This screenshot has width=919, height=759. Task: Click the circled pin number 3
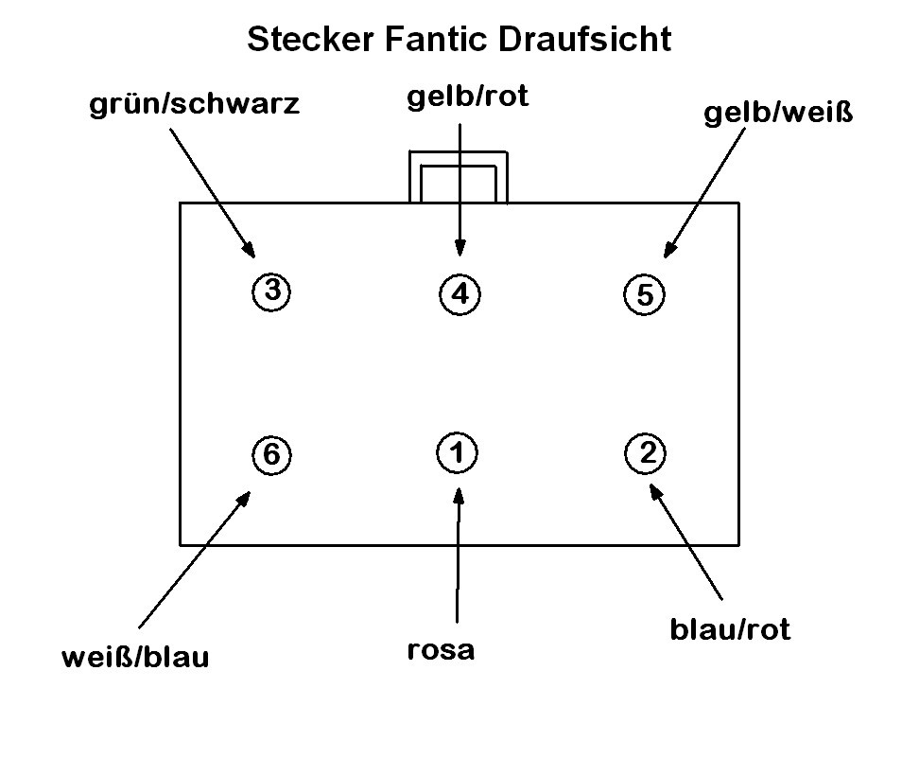click(x=271, y=291)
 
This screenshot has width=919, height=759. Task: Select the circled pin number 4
click(x=459, y=293)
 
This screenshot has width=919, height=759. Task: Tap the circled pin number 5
click(x=645, y=294)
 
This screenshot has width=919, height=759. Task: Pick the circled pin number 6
click(x=271, y=455)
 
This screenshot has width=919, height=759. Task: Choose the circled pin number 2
click(x=647, y=452)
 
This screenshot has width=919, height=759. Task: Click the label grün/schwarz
click(x=194, y=103)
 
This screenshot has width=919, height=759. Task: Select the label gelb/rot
click(x=466, y=98)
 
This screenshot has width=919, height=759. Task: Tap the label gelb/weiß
click(x=778, y=114)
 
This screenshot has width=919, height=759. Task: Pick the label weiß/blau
click(x=135, y=657)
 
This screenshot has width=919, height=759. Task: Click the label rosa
click(x=441, y=650)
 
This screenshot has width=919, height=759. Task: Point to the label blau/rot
click(x=730, y=628)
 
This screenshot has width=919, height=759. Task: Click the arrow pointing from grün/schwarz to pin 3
click(x=212, y=189)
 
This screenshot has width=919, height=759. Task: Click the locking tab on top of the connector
click(x=459, y=177)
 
